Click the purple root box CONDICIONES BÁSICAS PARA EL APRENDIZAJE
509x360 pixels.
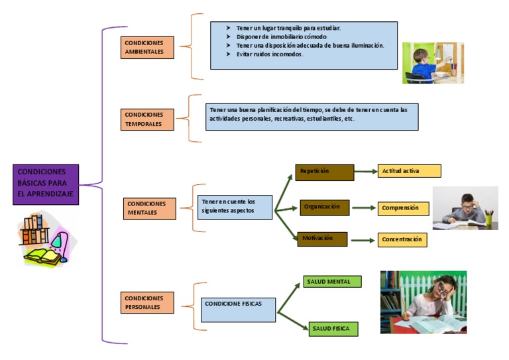click(x=46, y=184)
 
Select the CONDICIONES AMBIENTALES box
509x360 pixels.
click(x=148, y=48)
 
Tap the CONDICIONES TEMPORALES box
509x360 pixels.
click(x=148, y=119)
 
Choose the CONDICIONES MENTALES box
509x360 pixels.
click(x=149, y=208)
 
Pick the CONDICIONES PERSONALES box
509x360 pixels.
click(x=148, y=302)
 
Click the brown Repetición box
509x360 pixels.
click(x=325, y=172)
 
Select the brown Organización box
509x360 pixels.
click(x=324, y=207)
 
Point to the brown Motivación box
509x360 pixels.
click(x=323, y=238)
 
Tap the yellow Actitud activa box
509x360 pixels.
click(x=409, y=171)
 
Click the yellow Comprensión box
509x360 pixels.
click(x=404, y=208)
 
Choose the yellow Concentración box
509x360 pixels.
click(x=402, y=240)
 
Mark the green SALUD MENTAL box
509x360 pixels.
click(x=332, y=282)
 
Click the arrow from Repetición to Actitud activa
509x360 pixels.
click(x=365, y=172)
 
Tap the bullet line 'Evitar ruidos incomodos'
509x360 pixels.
click(x=270, y=55)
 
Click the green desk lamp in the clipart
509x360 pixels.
click(x=58, y=240)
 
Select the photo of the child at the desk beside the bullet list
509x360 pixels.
click(x=433, y=63)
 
